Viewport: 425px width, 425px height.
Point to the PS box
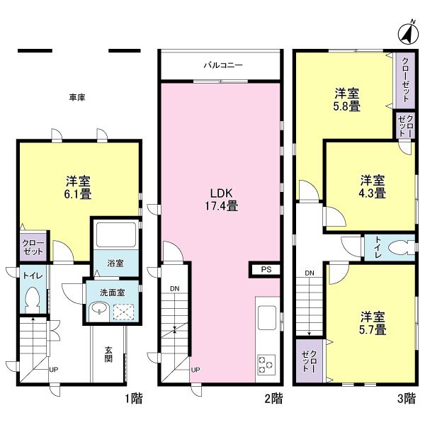[x=266, y=269]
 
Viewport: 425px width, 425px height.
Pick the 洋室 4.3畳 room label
[x=371, y=186]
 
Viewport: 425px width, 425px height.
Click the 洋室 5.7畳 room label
[x=371, y=322]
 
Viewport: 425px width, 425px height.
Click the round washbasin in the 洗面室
[x=98, y=309]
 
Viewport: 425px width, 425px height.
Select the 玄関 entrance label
[x=108, y=353]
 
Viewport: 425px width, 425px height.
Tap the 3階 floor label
[x=406, y=399]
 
